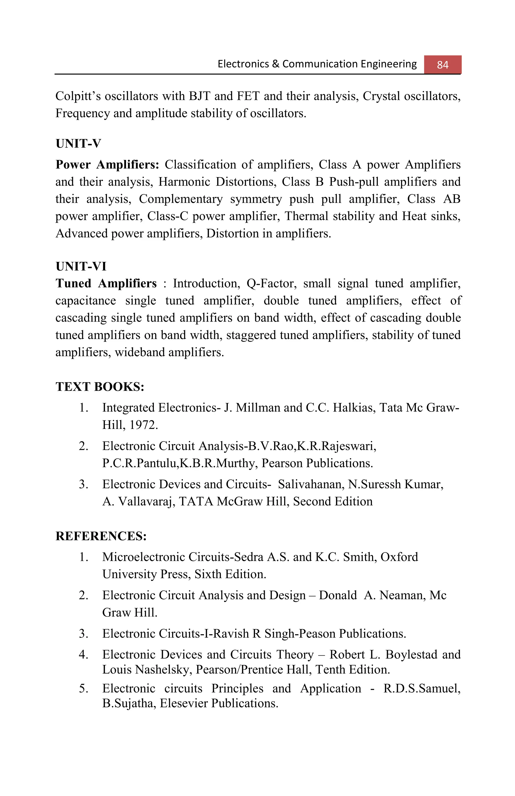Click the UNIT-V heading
pyautogui.click(x=78, y=143)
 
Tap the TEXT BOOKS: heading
pyautogui.click(x=100, y=387)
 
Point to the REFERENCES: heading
pyautogui.click(x=101, y=536)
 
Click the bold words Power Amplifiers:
pyautogui.click(x=107, y=165)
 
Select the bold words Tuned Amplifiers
pyautogui.click(x=106, y=283)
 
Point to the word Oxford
pyautogui.click(x=399, y=557)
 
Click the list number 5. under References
pyautogui.click(x=83, y=689)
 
